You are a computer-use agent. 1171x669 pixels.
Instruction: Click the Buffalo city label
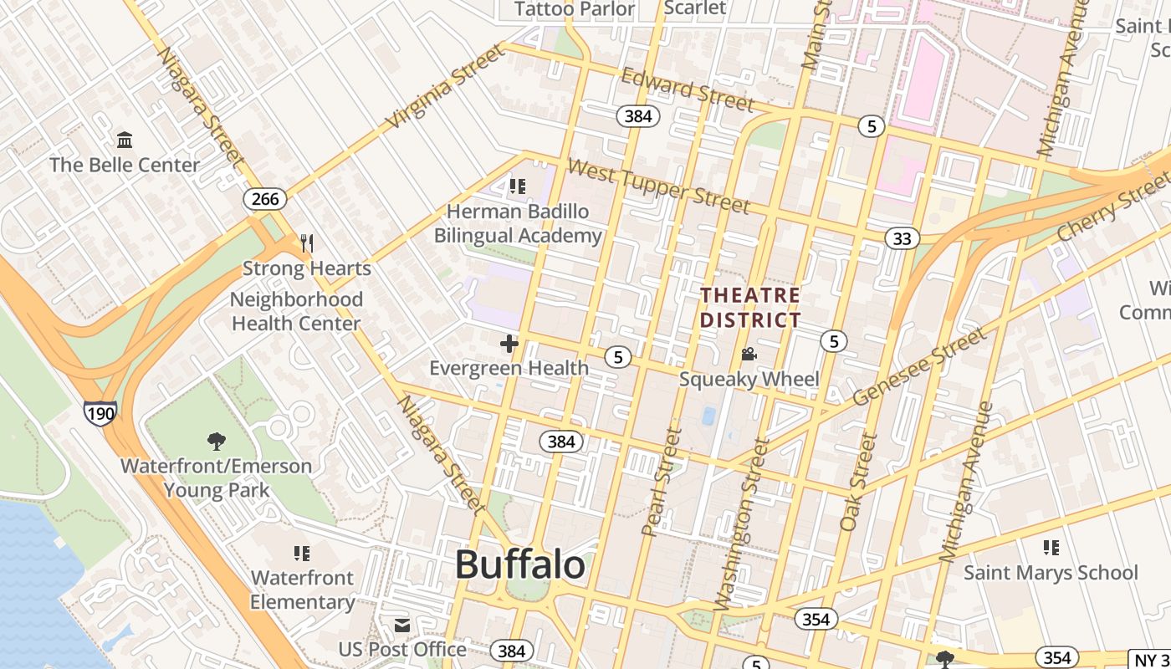click(519, 565)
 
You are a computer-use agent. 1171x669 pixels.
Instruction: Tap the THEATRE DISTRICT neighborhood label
click(750, 308)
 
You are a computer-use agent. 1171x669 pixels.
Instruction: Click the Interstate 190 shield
click(100, 412)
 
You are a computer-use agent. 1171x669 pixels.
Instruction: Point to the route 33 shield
click(902, 239)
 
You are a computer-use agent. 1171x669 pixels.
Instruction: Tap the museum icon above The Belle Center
click(125, 139)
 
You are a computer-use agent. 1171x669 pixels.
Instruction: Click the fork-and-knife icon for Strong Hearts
click(307, 243)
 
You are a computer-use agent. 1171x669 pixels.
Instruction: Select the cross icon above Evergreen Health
click(509, 344)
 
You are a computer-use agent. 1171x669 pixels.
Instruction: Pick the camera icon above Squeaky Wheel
click(749, 355)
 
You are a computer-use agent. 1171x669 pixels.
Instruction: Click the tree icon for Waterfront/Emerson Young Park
click(216, 441)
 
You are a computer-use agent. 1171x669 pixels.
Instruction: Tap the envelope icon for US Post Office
click(402, 626)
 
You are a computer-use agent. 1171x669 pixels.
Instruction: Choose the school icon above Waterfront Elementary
click(302, 553)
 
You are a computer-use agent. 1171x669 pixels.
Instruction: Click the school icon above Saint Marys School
click(1051, 548)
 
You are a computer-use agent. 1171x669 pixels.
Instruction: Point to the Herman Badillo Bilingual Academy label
click(518, 223)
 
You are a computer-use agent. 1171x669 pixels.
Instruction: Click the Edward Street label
click(688, 89)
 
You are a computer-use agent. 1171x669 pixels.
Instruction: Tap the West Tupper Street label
click(658, 185)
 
